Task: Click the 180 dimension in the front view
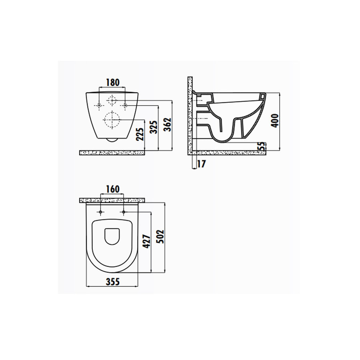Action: (x=112, y=83)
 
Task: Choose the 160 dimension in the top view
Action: (x=112, y=189)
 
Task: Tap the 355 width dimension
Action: (x=112, y=281)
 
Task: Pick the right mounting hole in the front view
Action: (x=125, y=106)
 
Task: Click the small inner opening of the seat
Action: (x=112, y=236)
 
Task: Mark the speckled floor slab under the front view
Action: (x=112, y=152)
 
